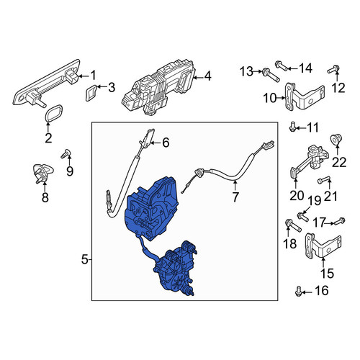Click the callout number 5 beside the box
[x=85, y=260]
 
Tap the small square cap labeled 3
[x=91, y=93]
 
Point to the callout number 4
[x=207, y=76]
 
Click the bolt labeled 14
[x=282, y=66]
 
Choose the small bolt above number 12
[x=333, y=69]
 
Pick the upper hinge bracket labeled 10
[x=304, y=96]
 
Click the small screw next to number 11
[x=292, y=127]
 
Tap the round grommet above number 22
[x=336, y=140]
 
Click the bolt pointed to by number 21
[x=323, y=180]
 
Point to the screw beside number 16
[x=298, y=291]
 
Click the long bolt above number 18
[x=293, y=225]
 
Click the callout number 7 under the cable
[x=235, y=197]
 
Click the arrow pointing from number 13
[x=258, y=71]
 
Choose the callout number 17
[x=319, y=222]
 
